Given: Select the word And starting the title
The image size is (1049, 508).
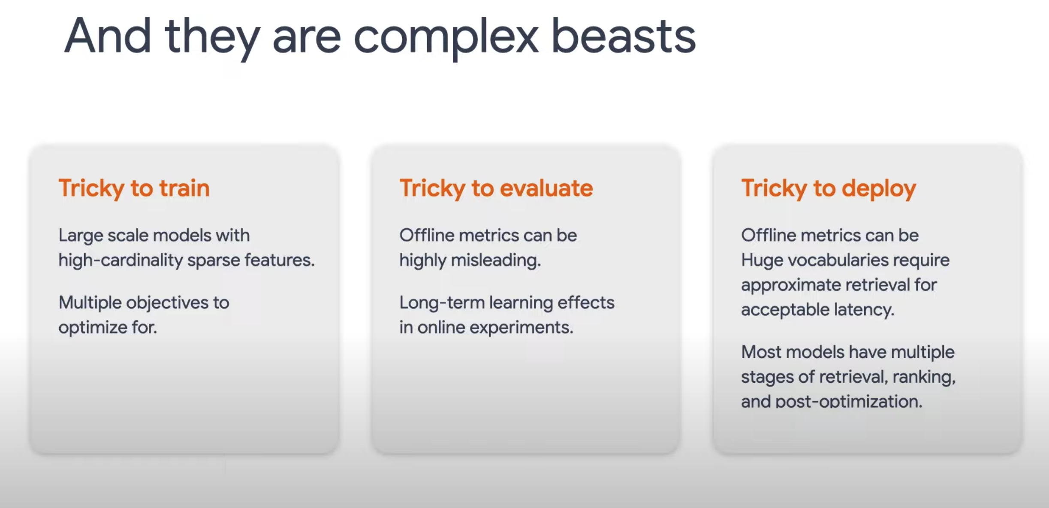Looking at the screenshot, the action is [107, 36].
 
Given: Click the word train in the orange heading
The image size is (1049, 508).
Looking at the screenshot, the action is [184, 188].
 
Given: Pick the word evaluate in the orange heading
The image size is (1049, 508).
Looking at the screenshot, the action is [546, 188].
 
